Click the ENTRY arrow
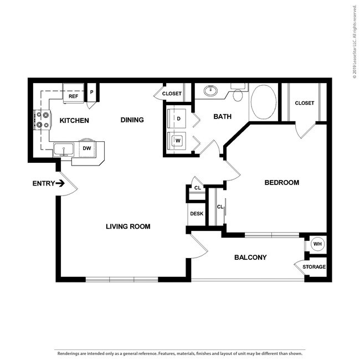60,183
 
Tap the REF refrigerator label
73,96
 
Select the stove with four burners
43,120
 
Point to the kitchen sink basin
64,149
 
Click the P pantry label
91,92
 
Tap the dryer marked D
176,119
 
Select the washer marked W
176,141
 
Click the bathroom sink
211,90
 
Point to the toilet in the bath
238,92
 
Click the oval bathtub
264,102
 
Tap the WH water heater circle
317,244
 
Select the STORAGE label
314,267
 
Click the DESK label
197,214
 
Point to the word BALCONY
250,258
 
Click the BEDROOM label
282,183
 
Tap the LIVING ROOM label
128,227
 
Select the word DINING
132,120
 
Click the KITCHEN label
74,121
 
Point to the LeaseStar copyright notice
354,42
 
